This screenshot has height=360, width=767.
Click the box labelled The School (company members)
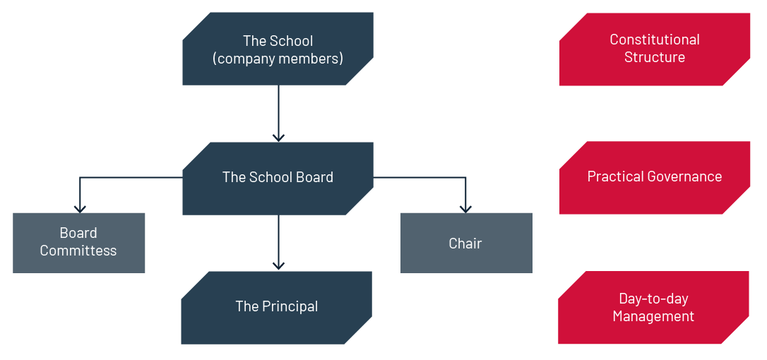pyautogui.click(x=278, y=49)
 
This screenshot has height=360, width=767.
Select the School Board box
pyautogui.click(x=278, y=178)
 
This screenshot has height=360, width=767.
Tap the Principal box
pyautogui.click(x=276, y=307)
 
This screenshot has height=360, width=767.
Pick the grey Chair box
pyautogui.click(x=466, y=243)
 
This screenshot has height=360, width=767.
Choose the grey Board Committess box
pyautogui.click(x=78, y=242)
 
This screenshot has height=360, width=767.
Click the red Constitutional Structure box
pyautogui.click(x=655, y=49)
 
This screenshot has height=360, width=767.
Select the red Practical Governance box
pyautogui.click(x=655, y=177)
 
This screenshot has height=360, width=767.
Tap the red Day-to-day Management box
pyautogui.click(x=653, y=307)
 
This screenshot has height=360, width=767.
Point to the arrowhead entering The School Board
pyautogui.click(x=278, y=137)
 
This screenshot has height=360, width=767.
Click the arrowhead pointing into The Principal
pyautogui.click(x=278, y=265)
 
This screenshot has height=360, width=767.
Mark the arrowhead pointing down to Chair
pyautogui.click(x=465, y=208)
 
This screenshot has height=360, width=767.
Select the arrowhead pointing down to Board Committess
pyautogui.click(x=80, y=208)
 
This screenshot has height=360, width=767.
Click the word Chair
pyautogui.click(x=465, y=244)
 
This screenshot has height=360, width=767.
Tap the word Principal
pyautogui.click(x=290, y=306)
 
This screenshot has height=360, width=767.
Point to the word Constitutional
pyautogui.click(x=655, y=40)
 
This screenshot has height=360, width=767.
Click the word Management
pyautogui.click(x=653, y=316)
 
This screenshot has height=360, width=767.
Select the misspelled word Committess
pyautogui.click(x=78, y=251)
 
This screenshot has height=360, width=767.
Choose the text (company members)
pyautogui.click(x=278, y=59)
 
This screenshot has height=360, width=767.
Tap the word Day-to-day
pyautogui.click(x=653, y=299)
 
